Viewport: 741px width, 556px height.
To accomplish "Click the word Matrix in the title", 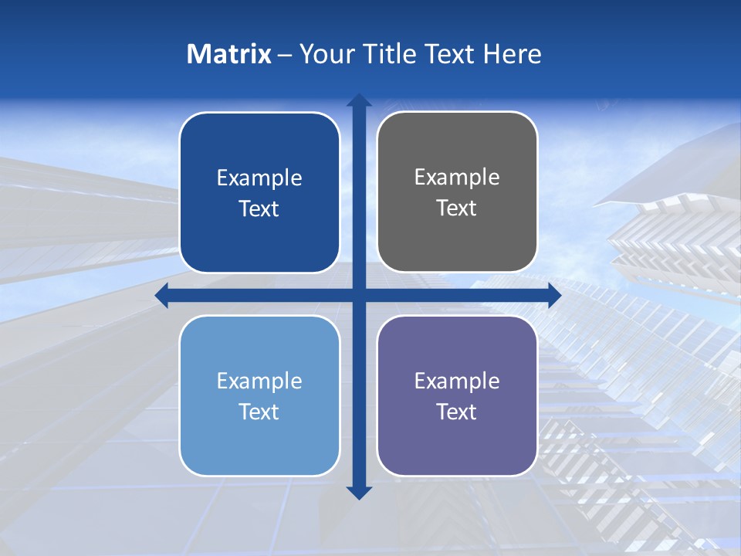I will pyautogui.click(x=228, y=54).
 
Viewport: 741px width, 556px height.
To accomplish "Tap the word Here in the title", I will pyautogui.click(x=512, y=54).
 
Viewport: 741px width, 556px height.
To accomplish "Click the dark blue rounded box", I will pyautogui.click(x=259, y=193).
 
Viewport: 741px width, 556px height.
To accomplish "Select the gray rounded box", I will pyautogui.click(x=457, y=192).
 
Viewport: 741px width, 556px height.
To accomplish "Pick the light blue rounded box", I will pyautogui.click(x=259, y=395).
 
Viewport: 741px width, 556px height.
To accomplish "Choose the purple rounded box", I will pyautogui.click(x=457, y=395).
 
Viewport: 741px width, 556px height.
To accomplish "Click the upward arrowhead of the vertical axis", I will pyautogui.click(x=359, y=100).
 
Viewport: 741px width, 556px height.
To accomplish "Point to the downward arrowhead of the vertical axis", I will pyautogui.click(x=359, y=493).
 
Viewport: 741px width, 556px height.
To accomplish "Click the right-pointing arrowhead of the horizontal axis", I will pyautogui.click(x=554, y=296).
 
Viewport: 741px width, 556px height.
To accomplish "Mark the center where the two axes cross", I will pyautogui.click(x=359, y=296).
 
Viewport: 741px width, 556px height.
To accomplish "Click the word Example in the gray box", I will pyautogui.click(x=457, y=178).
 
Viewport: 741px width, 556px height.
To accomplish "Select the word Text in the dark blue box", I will pyautogui.click(x=259, y=209).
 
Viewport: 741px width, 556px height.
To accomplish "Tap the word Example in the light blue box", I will pyautogui.click(x=259, y=381).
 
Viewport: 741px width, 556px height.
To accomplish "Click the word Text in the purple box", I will pyautogui.click(x=457, y=412).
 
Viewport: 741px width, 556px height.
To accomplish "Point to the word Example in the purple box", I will pyautogui.click(x=457, y=381).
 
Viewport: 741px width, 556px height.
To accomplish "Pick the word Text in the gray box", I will pyautogui.click(x=457, y=208).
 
